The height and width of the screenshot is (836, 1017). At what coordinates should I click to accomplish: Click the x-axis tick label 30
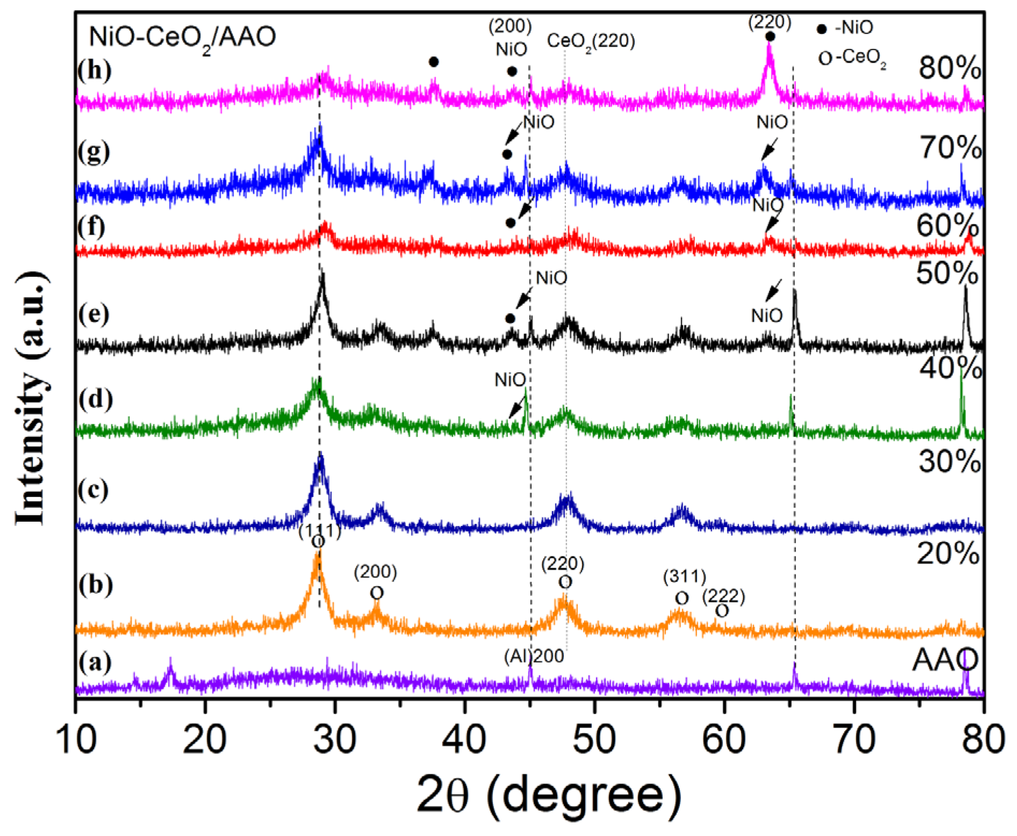(x=335, y=739)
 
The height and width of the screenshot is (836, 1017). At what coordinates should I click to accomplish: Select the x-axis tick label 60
(x=724, y=739)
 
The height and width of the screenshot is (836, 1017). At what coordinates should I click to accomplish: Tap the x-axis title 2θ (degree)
(x=549, y=796)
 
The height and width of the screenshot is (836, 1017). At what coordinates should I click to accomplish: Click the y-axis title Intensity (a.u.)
(x=31, y=398)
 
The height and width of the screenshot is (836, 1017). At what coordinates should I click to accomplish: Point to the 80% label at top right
(x=949, y=68)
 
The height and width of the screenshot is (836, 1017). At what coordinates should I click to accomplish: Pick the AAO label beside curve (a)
(x=945, y=660)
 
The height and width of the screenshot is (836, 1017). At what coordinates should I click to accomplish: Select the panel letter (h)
(x=95, y=70)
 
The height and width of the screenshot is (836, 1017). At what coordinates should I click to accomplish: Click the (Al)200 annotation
(x=534, y=656)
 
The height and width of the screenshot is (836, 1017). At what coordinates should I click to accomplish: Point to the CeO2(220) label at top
(x=591, y=41)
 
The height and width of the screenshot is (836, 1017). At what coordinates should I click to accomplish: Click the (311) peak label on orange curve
(x=684, y=577)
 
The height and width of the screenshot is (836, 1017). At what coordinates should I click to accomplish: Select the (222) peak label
(x=724, y=596)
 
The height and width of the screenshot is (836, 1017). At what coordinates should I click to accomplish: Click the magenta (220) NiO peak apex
(x=769, y=46)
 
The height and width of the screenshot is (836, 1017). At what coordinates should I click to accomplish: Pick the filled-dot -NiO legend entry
(x=846, y=28)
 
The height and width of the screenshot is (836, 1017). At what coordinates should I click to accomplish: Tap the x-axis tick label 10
(x=76, y=739)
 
